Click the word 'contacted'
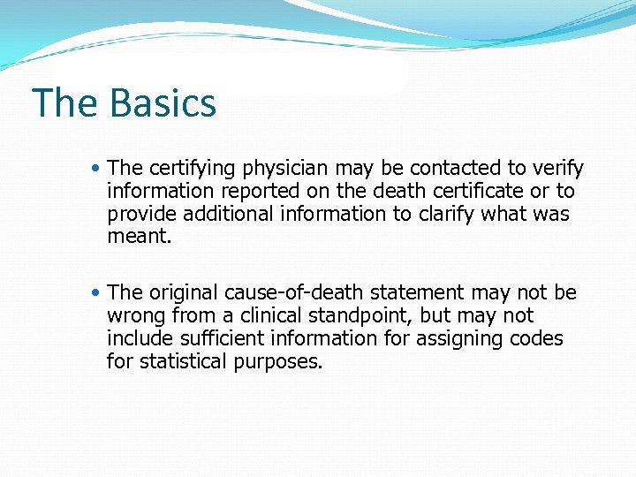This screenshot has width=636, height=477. pos(455,168)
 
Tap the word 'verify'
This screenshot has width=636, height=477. pos(558,169)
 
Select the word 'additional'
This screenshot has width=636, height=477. pos(217,214)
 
